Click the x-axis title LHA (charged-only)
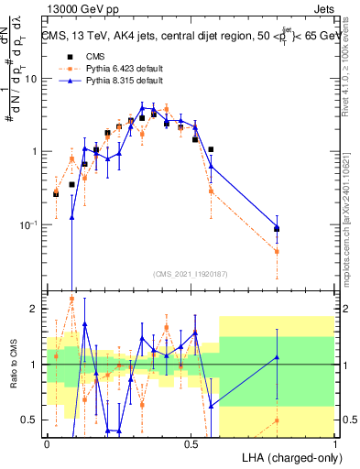point(286,457)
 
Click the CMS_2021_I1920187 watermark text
point(191,273)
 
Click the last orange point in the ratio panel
point(277,420)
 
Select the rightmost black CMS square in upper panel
point(277,229)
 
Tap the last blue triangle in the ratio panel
point(277,357)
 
